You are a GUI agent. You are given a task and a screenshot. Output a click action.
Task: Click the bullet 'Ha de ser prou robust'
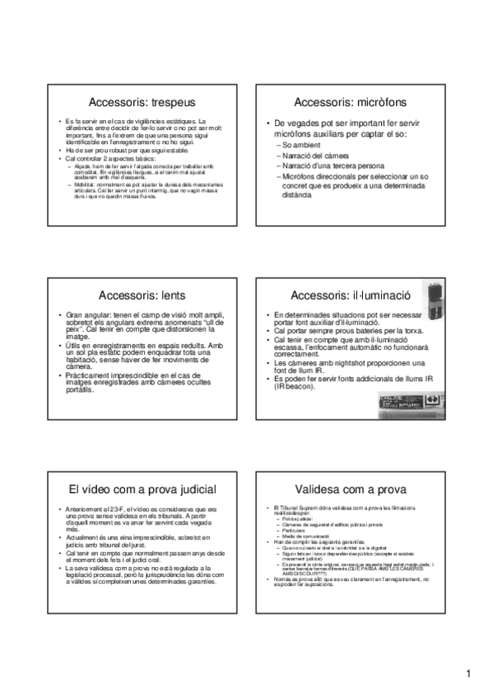(102, 151)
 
